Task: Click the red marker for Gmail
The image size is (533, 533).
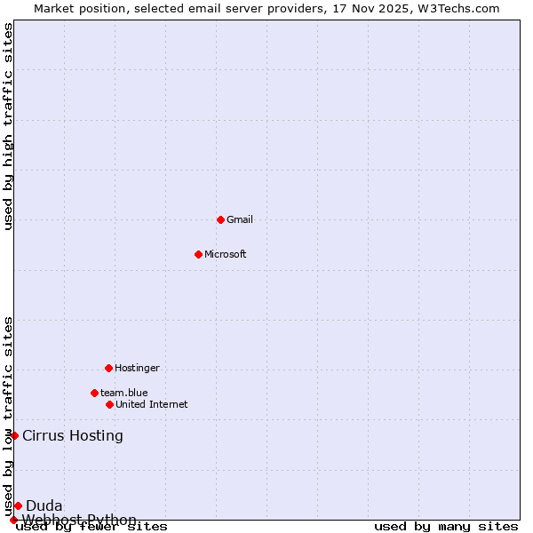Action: pyautogui.click(x=220, y=219)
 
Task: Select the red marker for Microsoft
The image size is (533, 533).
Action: pyautogui.click(x=198, y=254)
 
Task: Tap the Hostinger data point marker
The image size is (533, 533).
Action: pyautogui.click(x=108, y=368)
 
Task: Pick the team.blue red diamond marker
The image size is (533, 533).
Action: pyautogui.click(x=94, y=393)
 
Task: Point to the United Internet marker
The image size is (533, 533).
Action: pyautogui.click(x=109, y=404)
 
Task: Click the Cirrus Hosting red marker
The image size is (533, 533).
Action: pyautogui.click(x=14, y=435)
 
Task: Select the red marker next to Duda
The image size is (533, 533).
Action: pyautogui.click(x=18, y=505)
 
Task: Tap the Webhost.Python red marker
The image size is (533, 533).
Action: pyautogui.click(x=13, y=520)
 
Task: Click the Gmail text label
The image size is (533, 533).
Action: pyautogui.click(x=240, y=219)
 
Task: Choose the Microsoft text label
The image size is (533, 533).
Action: pyautogui.click(x=226, y=254)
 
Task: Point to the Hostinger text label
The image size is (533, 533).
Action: pyautogui.click(x=138, y=368)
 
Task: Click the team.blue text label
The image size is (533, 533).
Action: pyautogui.click(x=124, y=393)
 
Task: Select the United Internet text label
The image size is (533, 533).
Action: pyautogui.click(x=152, y=404)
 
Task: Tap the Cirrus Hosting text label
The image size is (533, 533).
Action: pyautogui.click(x=73, y=435)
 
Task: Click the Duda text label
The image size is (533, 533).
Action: pyautogui.click(x=44, y=506)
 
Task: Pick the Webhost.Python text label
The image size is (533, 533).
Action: pyautogui.click(x=80, y=520)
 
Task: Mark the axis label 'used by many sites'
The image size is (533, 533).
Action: pyautogui.click(x=446, y=527)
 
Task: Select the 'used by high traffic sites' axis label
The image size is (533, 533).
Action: pyautogui.click(x=8, y=127)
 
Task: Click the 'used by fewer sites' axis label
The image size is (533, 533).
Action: pyautogui.click(x=91, y=527)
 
